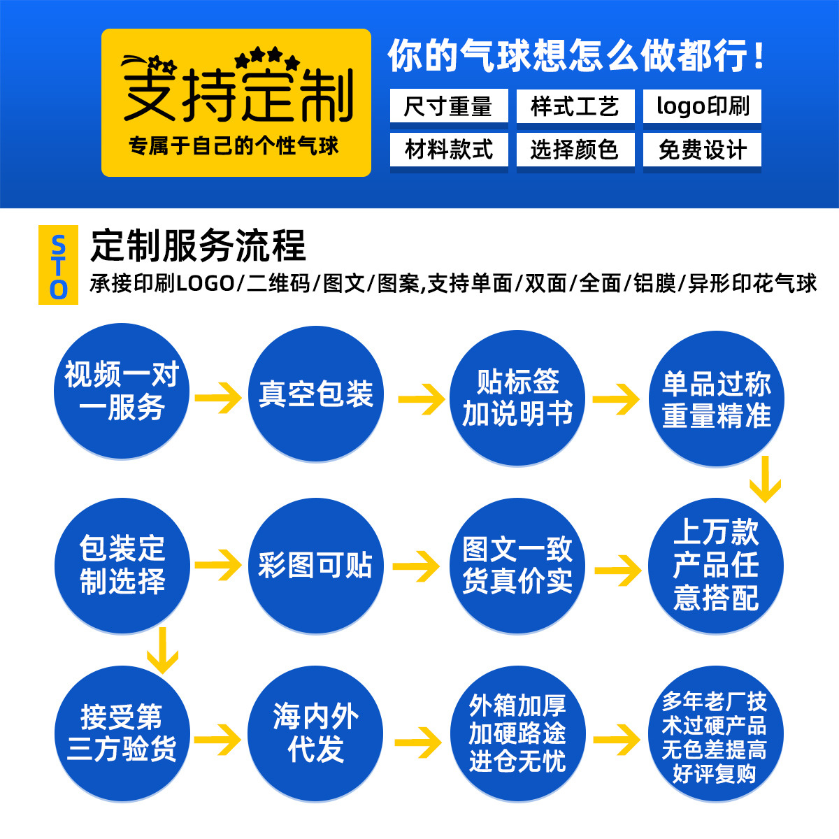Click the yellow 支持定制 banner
(236, 102)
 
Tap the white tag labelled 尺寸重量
(449, 106)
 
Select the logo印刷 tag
(702, 106)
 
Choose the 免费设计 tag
(702, 149)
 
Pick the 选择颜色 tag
(575, 149)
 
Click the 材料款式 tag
(449, 149)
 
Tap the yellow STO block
(58, 265)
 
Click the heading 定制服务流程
(199, 245)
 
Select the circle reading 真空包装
(316, 394)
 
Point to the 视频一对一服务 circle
(122, 392)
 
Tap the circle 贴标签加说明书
(517, 399)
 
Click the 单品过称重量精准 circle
(717, 399)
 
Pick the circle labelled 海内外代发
(315, 733)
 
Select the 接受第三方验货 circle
(122, 733)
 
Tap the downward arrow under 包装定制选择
(162, 650)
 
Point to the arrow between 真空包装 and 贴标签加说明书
(422, 399)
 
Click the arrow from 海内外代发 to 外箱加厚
(418, 741)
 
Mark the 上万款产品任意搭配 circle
(717, 566)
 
